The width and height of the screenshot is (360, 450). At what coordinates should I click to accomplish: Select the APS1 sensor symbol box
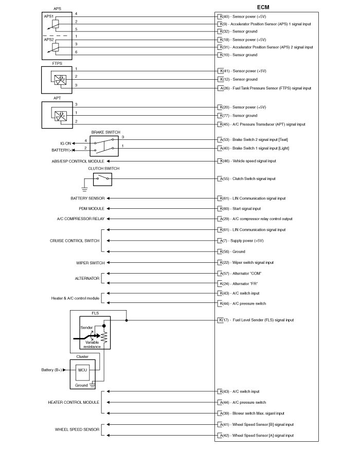pyautogui.click(x=56, y=23)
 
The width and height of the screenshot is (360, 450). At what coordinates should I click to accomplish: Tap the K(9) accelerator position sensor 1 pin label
pyautogui.click(x=221, y=24)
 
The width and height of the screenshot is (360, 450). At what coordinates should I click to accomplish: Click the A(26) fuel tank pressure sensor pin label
pyautogui.click(x=221, y=88)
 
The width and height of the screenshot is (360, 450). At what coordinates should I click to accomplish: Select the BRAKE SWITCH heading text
pyautogui.click(x=105, y=132)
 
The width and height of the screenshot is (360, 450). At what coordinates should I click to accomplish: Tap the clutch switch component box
pyautogui.click(x=102, y=179)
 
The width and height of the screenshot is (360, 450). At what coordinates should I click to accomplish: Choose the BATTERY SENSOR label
pyautogui.click(x=87, y=199)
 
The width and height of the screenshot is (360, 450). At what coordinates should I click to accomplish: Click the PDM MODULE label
pyautogui.click(x=92, y=209)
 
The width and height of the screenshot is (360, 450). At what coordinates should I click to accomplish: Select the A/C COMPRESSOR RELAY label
pyautogui.click(x=80, y=219)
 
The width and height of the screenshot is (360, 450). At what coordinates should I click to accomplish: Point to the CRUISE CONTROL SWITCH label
pyautogui.click(x=74, y=241)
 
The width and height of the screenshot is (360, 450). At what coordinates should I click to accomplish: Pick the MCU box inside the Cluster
pyautogui.click(x=82, y=369)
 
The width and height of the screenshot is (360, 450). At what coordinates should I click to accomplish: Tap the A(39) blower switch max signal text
pyautogui.click(x=258, y=413)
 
